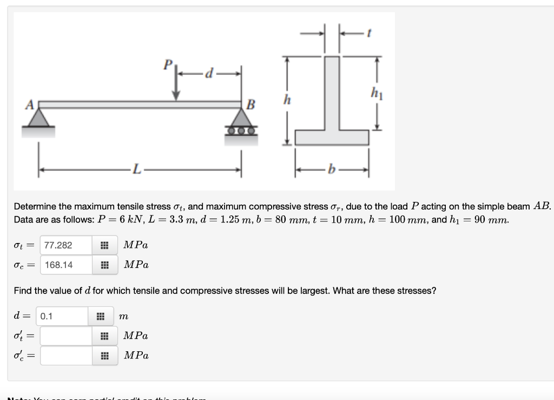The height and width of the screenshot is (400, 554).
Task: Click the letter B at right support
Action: click(250, 104)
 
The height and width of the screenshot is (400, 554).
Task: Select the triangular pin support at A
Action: click(38, 118)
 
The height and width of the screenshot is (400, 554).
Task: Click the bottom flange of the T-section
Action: click(332, 137)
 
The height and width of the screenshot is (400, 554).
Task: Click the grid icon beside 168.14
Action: click(104, 265)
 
